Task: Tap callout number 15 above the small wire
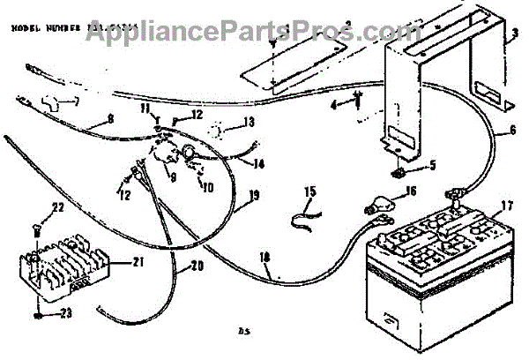tap(309, 190)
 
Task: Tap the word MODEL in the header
tap(24, 28)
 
